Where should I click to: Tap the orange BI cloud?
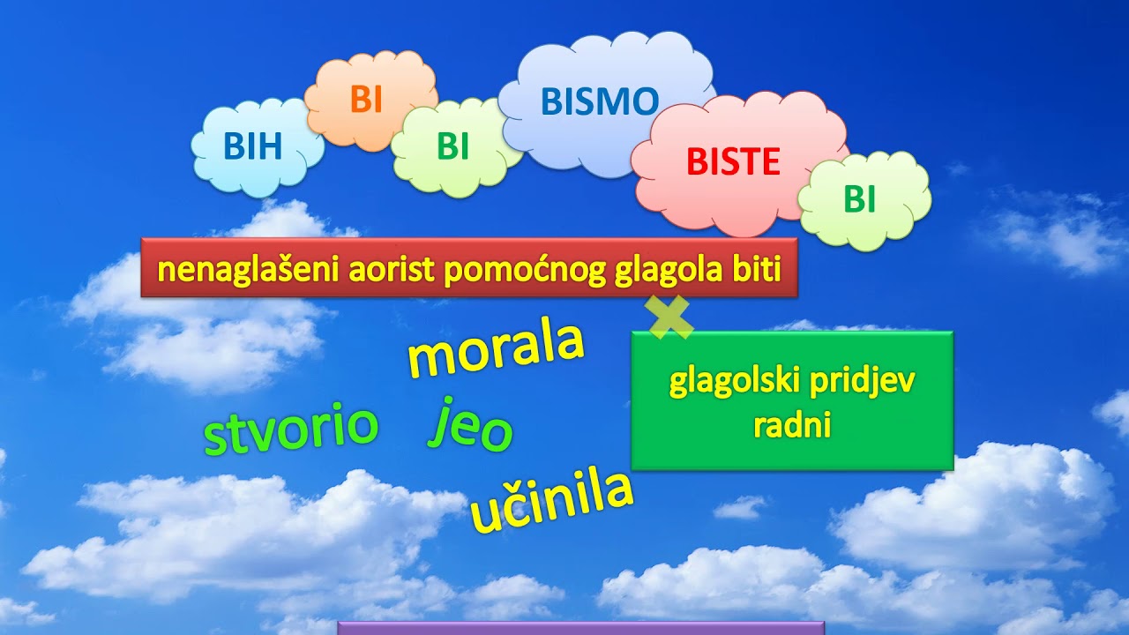(x=366, y=100)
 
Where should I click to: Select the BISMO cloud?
(x=600, y=102)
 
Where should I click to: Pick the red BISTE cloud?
(x=733, y=162)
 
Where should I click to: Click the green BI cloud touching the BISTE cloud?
(x=860, y=200)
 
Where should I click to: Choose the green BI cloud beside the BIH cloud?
(x=452, y=147)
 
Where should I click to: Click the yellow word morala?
(x=496, y=347)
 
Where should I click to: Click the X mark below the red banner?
(x=670, y=317)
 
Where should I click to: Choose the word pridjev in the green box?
(x=869, y=384)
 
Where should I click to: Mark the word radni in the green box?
(x=793, y=425)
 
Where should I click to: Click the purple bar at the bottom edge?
(x=580, y=627)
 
